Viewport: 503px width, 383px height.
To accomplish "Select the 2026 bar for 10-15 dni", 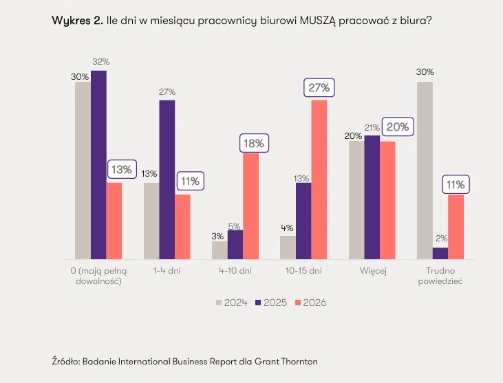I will click(319, 179).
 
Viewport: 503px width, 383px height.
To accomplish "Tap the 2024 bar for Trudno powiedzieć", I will click(425, 170).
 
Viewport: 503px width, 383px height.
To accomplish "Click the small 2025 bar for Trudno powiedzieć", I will click(440, 252).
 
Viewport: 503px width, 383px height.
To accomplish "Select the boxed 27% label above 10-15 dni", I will click(319, 88).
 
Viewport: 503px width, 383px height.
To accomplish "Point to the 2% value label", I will click(440, 239).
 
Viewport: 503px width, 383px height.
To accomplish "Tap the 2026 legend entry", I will click(310, 302).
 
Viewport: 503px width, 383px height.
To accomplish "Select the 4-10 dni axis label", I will click(235, 271).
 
